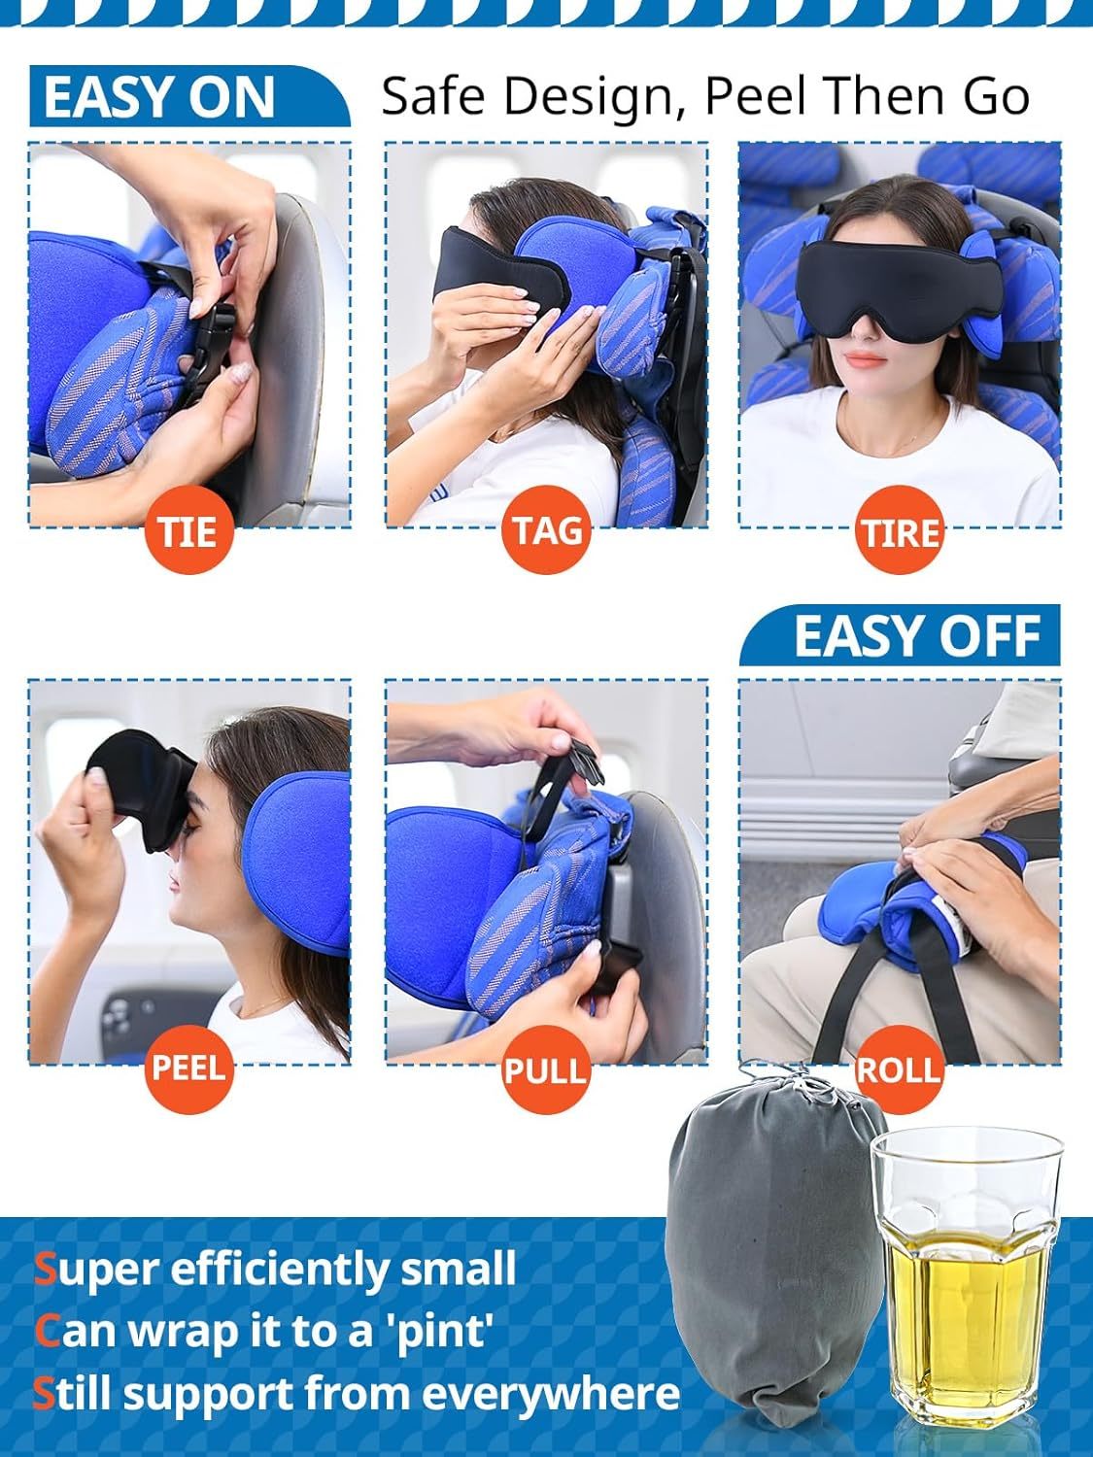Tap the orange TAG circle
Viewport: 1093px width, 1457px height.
click(547, 530)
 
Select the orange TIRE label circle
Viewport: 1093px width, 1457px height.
click(900, 532)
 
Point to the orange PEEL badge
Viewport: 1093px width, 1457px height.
click(188, 1067)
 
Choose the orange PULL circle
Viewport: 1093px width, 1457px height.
click(546, 1069)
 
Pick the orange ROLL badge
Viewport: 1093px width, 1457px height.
click(899, 1069)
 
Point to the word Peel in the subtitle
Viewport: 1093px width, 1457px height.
click(757, 96)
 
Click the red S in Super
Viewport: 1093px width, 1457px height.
click(45, 1270)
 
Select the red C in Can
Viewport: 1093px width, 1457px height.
click(46, 1332)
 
